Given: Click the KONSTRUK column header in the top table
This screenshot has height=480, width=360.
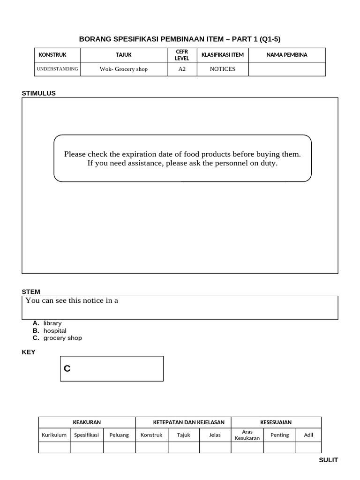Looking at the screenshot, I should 52,55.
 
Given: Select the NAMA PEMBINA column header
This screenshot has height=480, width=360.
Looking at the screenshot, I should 286,55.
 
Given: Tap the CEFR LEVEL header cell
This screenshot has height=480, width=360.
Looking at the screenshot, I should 181,55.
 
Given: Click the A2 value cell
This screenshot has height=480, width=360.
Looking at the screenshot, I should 181,69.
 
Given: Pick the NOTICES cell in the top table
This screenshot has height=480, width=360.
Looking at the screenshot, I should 222,69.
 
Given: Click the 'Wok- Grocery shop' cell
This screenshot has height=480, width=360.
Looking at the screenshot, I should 123,69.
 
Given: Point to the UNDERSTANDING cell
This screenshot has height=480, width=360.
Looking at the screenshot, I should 57,69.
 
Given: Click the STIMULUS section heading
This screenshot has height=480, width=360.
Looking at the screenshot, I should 38,93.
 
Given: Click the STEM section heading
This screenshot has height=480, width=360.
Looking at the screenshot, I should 31,292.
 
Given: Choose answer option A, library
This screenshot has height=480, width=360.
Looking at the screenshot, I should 52,323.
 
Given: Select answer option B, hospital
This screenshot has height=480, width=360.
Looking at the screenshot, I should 54,330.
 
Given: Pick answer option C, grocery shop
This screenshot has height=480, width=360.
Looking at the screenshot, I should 62,338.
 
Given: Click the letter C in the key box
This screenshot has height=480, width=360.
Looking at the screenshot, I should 67,369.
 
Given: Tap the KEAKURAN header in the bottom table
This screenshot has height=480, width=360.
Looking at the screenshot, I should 87,422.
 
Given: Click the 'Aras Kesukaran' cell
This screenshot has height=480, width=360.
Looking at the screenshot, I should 247,435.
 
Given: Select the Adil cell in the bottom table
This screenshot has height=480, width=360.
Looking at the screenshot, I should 308,435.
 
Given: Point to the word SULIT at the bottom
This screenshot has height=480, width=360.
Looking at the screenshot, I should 328,460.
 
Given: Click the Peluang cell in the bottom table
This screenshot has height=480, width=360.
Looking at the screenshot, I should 119,435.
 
